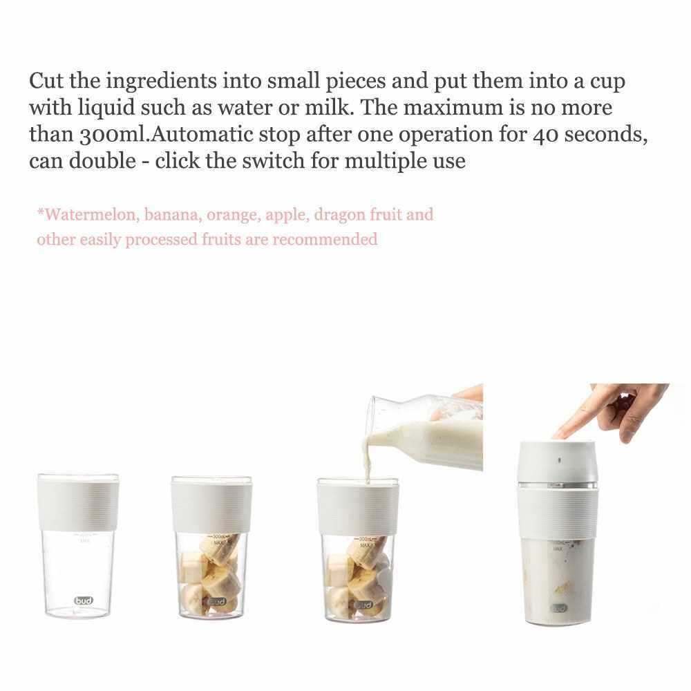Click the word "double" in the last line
pos(103,160)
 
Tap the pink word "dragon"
pos(339,216)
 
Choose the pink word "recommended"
pos(325,240)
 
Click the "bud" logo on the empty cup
pos(84,600)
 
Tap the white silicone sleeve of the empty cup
pos(79,504)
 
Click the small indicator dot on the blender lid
pos(560,460)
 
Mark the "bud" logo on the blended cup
pos(559,608)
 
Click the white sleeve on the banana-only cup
pos(211,507)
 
